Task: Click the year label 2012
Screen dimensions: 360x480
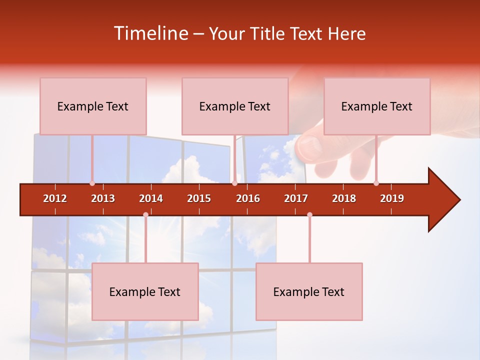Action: click(x=55, y=198)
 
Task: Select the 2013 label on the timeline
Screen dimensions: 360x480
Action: click(x=103, y=198)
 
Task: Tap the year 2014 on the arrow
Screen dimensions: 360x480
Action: click(x=151, y=198)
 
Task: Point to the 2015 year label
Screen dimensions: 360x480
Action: click(x=199, y=198)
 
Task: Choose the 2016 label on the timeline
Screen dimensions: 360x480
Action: click(x=248, y=198)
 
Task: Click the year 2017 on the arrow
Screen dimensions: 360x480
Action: click(x=296, y=198)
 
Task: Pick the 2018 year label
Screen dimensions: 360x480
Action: click(x=344, y=198)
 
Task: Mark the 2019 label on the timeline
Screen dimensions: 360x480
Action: click(x=392, y=198)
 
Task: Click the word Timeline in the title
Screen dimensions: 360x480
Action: click(x=149, y=33)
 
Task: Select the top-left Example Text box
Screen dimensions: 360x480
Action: click(x=93, y=106)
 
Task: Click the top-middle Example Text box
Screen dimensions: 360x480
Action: click(x=235, y=106)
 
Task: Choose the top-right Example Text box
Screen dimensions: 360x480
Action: click(x=377, y=106)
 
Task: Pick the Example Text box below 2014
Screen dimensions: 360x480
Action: click(x=145, y=292)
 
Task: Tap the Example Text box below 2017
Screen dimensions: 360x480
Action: click(x=309, y=292)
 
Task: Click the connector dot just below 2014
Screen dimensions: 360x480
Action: click(x=145, y=215)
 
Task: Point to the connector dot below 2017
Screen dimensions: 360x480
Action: click(x=309, y=215)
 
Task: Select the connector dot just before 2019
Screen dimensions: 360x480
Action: click(x=376, y=183)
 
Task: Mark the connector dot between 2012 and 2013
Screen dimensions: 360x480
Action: click(x=92, y=183)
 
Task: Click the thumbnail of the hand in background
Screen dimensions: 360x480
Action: click(x=325, y=150)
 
